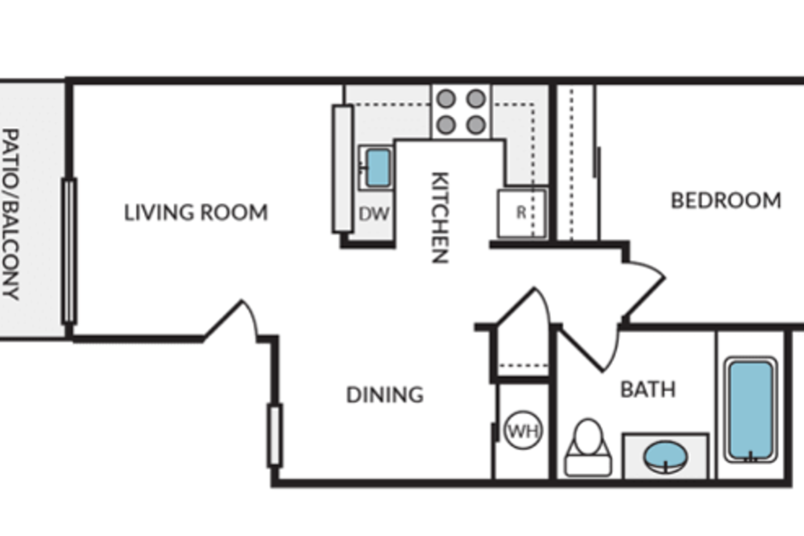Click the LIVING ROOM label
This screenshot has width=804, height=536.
tap(195, 213)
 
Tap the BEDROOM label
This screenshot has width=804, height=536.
tap(725, 200)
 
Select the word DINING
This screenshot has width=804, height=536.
tap(385, 395)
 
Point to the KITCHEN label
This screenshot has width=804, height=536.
tap(440, 217)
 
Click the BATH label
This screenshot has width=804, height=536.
tap(648, 389)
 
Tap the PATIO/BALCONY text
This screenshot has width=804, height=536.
tap(11, 214)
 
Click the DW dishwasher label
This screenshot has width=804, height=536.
tap(374, 213)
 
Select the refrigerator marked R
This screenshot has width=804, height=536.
tap(521, 213)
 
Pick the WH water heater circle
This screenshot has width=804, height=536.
tap(523, 430)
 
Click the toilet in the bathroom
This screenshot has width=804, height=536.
tap(588, 447)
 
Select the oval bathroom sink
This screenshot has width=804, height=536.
tap(665, 456)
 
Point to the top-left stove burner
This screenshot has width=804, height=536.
tap(446, 99)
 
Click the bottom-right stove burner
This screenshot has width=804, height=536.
tap(476, 125)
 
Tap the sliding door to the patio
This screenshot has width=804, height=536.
tap(69, 251)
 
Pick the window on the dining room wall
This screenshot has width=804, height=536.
tap(275, 435)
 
